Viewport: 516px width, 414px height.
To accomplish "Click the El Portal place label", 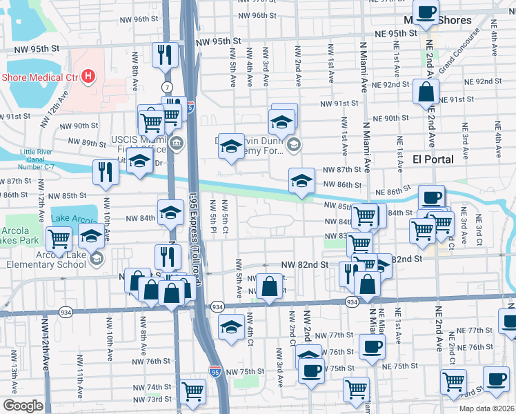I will coord(433,159).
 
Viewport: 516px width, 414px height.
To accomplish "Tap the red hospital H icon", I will coord(88,76).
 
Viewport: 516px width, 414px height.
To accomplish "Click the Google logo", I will coord(22,406).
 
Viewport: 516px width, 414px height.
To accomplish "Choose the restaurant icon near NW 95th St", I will coord(165,55).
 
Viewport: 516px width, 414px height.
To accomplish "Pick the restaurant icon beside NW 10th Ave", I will coord(106,172).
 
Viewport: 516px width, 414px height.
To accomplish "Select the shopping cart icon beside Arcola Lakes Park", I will coord(59,239).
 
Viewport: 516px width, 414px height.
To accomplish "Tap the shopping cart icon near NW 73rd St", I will coord(192,391).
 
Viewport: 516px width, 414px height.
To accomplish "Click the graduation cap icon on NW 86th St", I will coord(301,181).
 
